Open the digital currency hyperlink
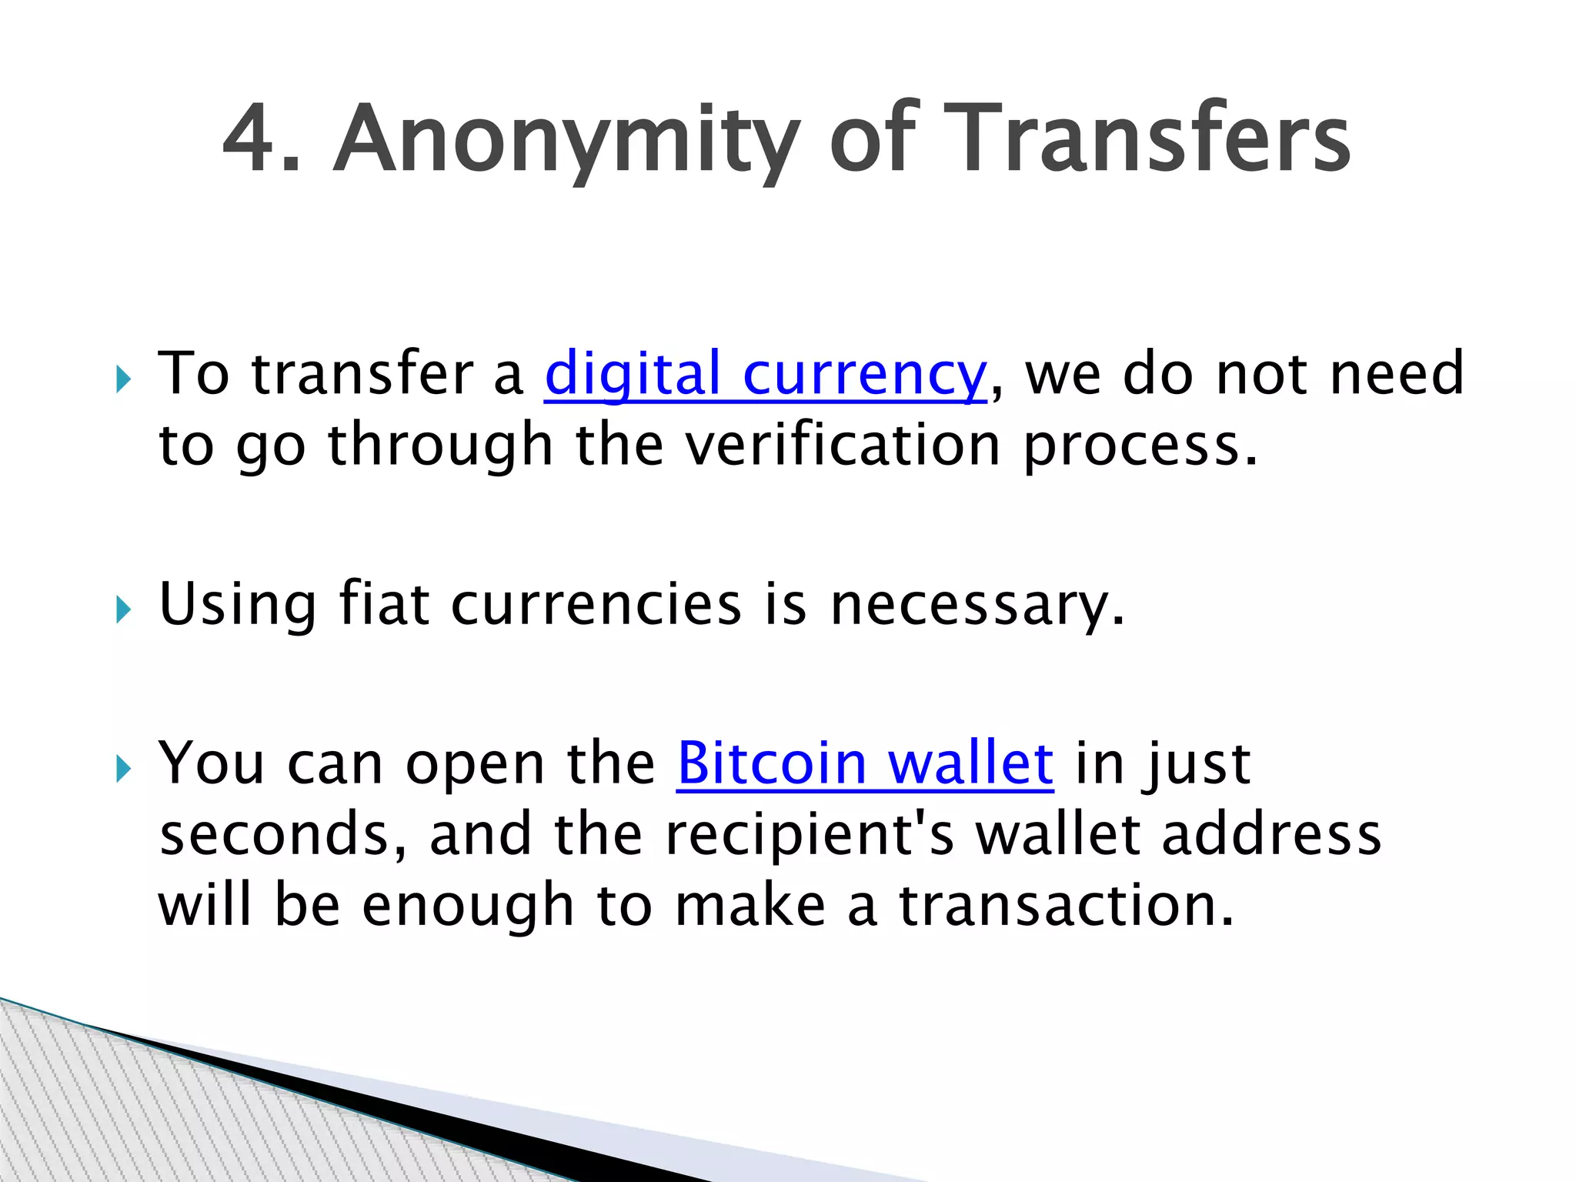(765, 374)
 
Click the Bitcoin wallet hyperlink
(865, 763)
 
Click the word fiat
(384, 604)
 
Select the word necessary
(977, 606)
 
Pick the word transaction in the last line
(1067, 906)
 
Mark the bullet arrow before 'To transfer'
(123, 379)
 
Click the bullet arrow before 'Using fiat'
(123, 610)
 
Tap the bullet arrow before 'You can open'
(123, 768)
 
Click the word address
(1272, 835)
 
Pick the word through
(441, 446)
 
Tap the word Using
(238, 606)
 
